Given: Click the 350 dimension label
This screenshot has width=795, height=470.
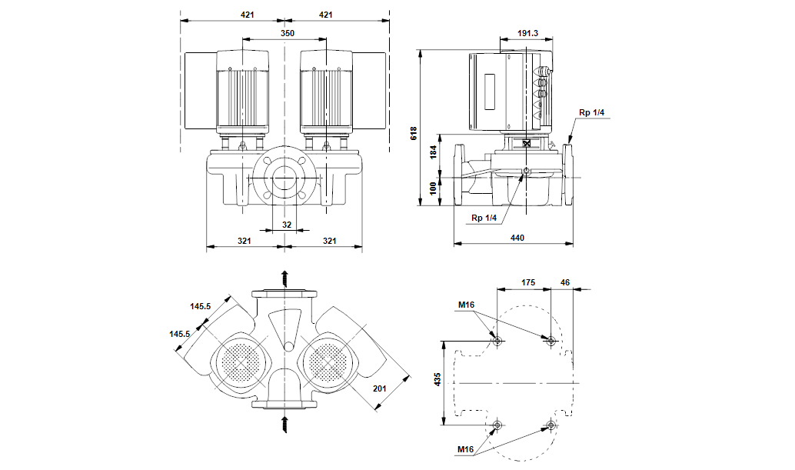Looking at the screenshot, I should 286,34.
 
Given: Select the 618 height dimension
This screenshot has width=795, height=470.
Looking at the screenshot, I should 414,132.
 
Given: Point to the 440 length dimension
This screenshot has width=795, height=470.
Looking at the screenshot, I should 517,238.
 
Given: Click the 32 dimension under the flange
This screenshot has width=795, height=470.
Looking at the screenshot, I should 286,225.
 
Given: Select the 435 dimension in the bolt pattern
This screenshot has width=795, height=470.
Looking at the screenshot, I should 437,380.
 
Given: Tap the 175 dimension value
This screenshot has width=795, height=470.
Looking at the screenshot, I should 527,283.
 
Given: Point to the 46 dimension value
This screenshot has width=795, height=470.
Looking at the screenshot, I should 566,283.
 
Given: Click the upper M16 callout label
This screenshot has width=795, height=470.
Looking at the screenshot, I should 466,305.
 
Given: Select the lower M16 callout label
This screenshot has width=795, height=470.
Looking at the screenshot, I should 466,449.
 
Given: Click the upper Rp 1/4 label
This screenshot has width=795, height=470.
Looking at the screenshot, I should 591,113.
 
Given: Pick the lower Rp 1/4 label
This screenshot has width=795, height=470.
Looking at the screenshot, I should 485,218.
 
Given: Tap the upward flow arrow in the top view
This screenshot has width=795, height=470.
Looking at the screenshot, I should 284,278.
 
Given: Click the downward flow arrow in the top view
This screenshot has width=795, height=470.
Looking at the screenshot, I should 284,421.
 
